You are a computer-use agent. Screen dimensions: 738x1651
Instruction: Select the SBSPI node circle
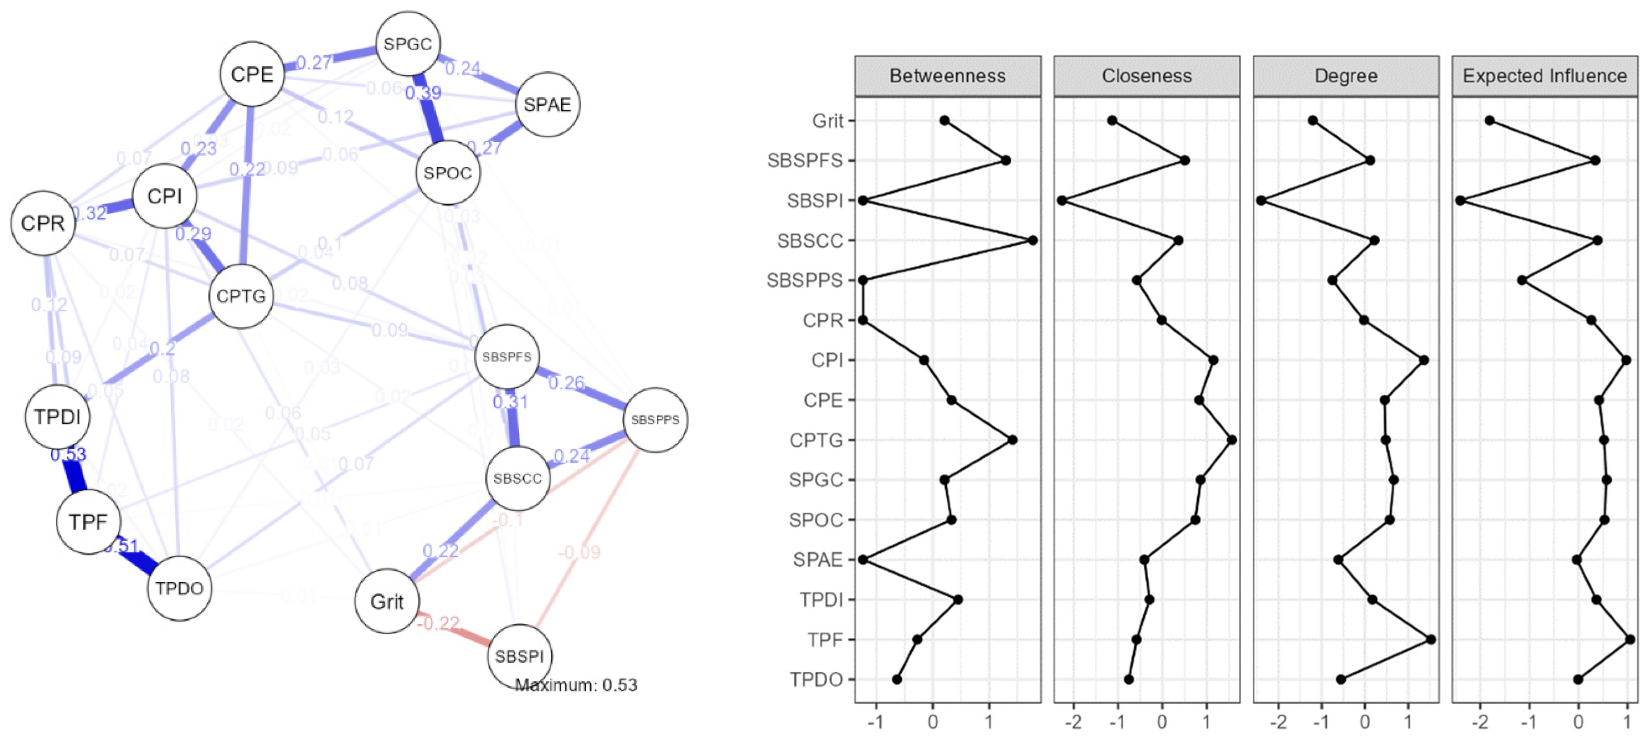(519, 656)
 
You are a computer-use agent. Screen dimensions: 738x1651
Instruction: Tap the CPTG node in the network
(241, 296)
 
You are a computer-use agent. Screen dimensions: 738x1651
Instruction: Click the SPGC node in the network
(408, 43)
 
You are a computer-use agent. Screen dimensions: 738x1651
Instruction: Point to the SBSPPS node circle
(655, 420)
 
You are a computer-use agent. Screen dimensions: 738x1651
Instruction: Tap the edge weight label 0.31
(510, 402)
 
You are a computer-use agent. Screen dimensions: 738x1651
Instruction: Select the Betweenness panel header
(947, 76)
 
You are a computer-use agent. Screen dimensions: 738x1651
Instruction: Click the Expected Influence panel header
(1544, 76)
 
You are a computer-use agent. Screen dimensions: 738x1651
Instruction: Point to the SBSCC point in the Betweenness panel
(1033, 240)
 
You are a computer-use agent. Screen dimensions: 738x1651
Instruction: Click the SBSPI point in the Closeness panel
(1062, 201)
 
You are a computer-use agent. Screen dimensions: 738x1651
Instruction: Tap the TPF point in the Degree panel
(1430, 639)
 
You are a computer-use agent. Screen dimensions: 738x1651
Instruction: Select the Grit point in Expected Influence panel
(1489, 121)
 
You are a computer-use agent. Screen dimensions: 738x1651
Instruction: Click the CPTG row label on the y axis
(815, 441)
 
